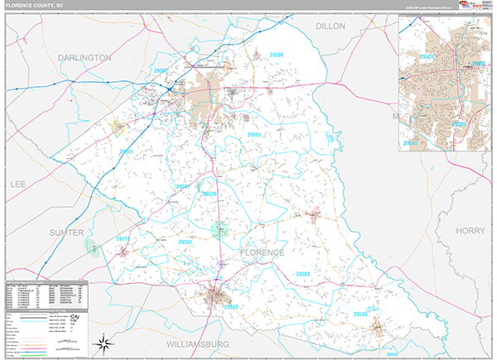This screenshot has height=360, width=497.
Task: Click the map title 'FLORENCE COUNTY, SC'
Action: pos(36,5)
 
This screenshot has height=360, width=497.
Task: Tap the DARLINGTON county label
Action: pos(84,58)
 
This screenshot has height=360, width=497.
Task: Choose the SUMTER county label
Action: pos(66,233)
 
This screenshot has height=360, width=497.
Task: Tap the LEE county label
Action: pos(18,183)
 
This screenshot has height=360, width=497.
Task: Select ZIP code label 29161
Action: pos(125,152)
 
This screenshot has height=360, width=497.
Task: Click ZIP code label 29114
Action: pos(122,239)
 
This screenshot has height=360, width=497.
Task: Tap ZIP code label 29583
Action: pos(302,274)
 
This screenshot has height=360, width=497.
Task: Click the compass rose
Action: pos(104,342)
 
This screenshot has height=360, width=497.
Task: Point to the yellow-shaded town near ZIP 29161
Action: pos(117,127)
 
